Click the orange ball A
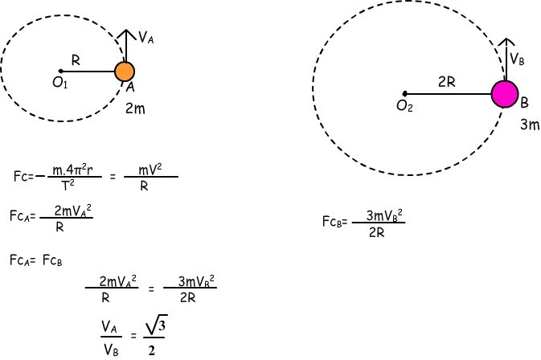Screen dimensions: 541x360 (x=125, y=72)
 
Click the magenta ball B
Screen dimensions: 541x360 (x=505, y=93)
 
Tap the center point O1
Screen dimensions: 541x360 (x=61, y=72)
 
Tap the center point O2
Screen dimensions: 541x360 (x=404, y=93)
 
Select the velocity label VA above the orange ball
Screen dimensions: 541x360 (x=145, y=37)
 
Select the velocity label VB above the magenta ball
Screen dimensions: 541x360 (x=518, y=59)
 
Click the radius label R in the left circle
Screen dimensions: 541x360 (x=75, y=60)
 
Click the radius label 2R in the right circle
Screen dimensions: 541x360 (x=447, y=82)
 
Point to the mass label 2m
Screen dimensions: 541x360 (x=135, y=108)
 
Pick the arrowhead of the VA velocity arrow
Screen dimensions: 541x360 (x=125, y=34)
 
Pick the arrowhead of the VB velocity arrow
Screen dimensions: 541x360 (x=506, y=42)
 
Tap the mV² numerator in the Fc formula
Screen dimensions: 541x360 (x=144, y=170)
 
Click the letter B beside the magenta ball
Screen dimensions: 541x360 (x=523, y=103)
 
